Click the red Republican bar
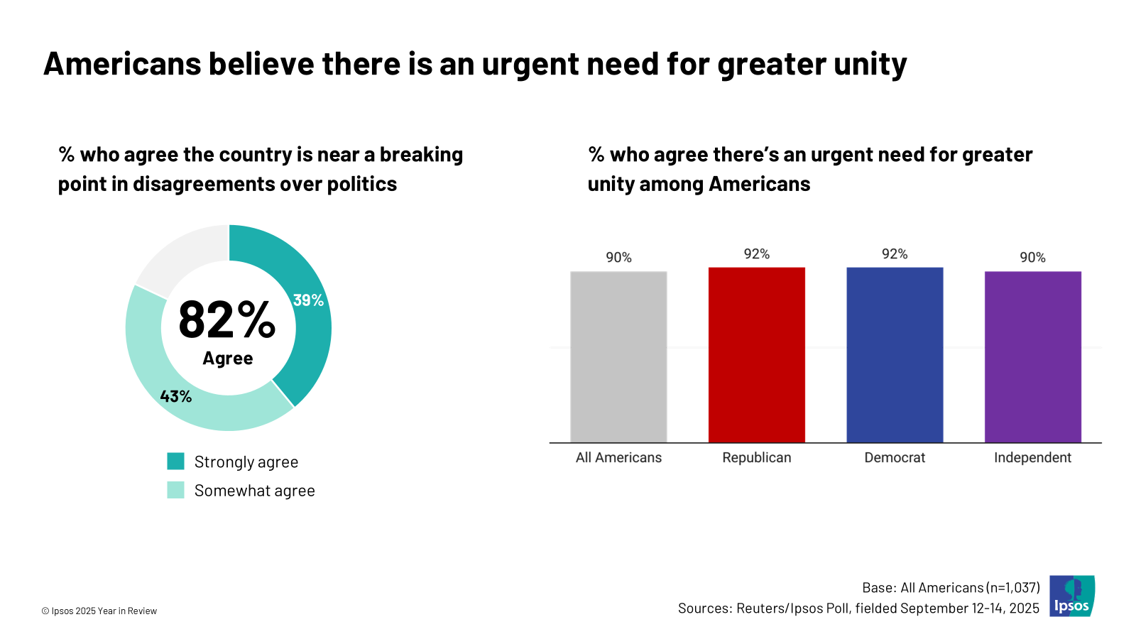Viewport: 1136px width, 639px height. [x=756, y=355]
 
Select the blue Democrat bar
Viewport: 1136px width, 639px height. [x=895, y=355]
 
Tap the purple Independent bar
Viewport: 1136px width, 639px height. [x=1032, y=356]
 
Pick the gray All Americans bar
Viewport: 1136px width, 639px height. [x=618, y=356]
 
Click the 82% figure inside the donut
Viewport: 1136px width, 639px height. [x=226, y=319]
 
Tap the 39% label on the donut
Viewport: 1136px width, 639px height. [x=308, y=300]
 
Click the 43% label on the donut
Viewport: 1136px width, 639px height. [x=175, y=396]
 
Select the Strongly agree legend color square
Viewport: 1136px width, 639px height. [x=175, y=461]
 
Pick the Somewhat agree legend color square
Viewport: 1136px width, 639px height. [x=175, y=490]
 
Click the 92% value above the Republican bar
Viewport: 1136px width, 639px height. [x=756, y=254]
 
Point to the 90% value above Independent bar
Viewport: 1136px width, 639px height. [x=1032, y=257]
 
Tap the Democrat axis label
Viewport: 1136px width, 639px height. [x=895, y=458]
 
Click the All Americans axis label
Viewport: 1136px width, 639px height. [x=618, y=458]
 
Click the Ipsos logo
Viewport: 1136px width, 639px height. [x=1072, y=596]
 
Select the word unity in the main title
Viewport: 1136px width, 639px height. [x=870, y=64]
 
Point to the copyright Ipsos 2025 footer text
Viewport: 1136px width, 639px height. [x=99, y=611]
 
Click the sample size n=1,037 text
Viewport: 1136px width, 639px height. [x=1013, y=588]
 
